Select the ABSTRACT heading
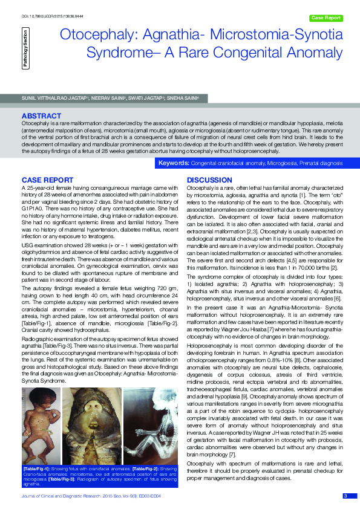pos(41,115)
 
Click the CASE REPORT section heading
pos(48,180)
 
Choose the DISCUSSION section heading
pos(209,180)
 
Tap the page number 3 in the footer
pos(345,496)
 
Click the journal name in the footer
pos(61,496)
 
